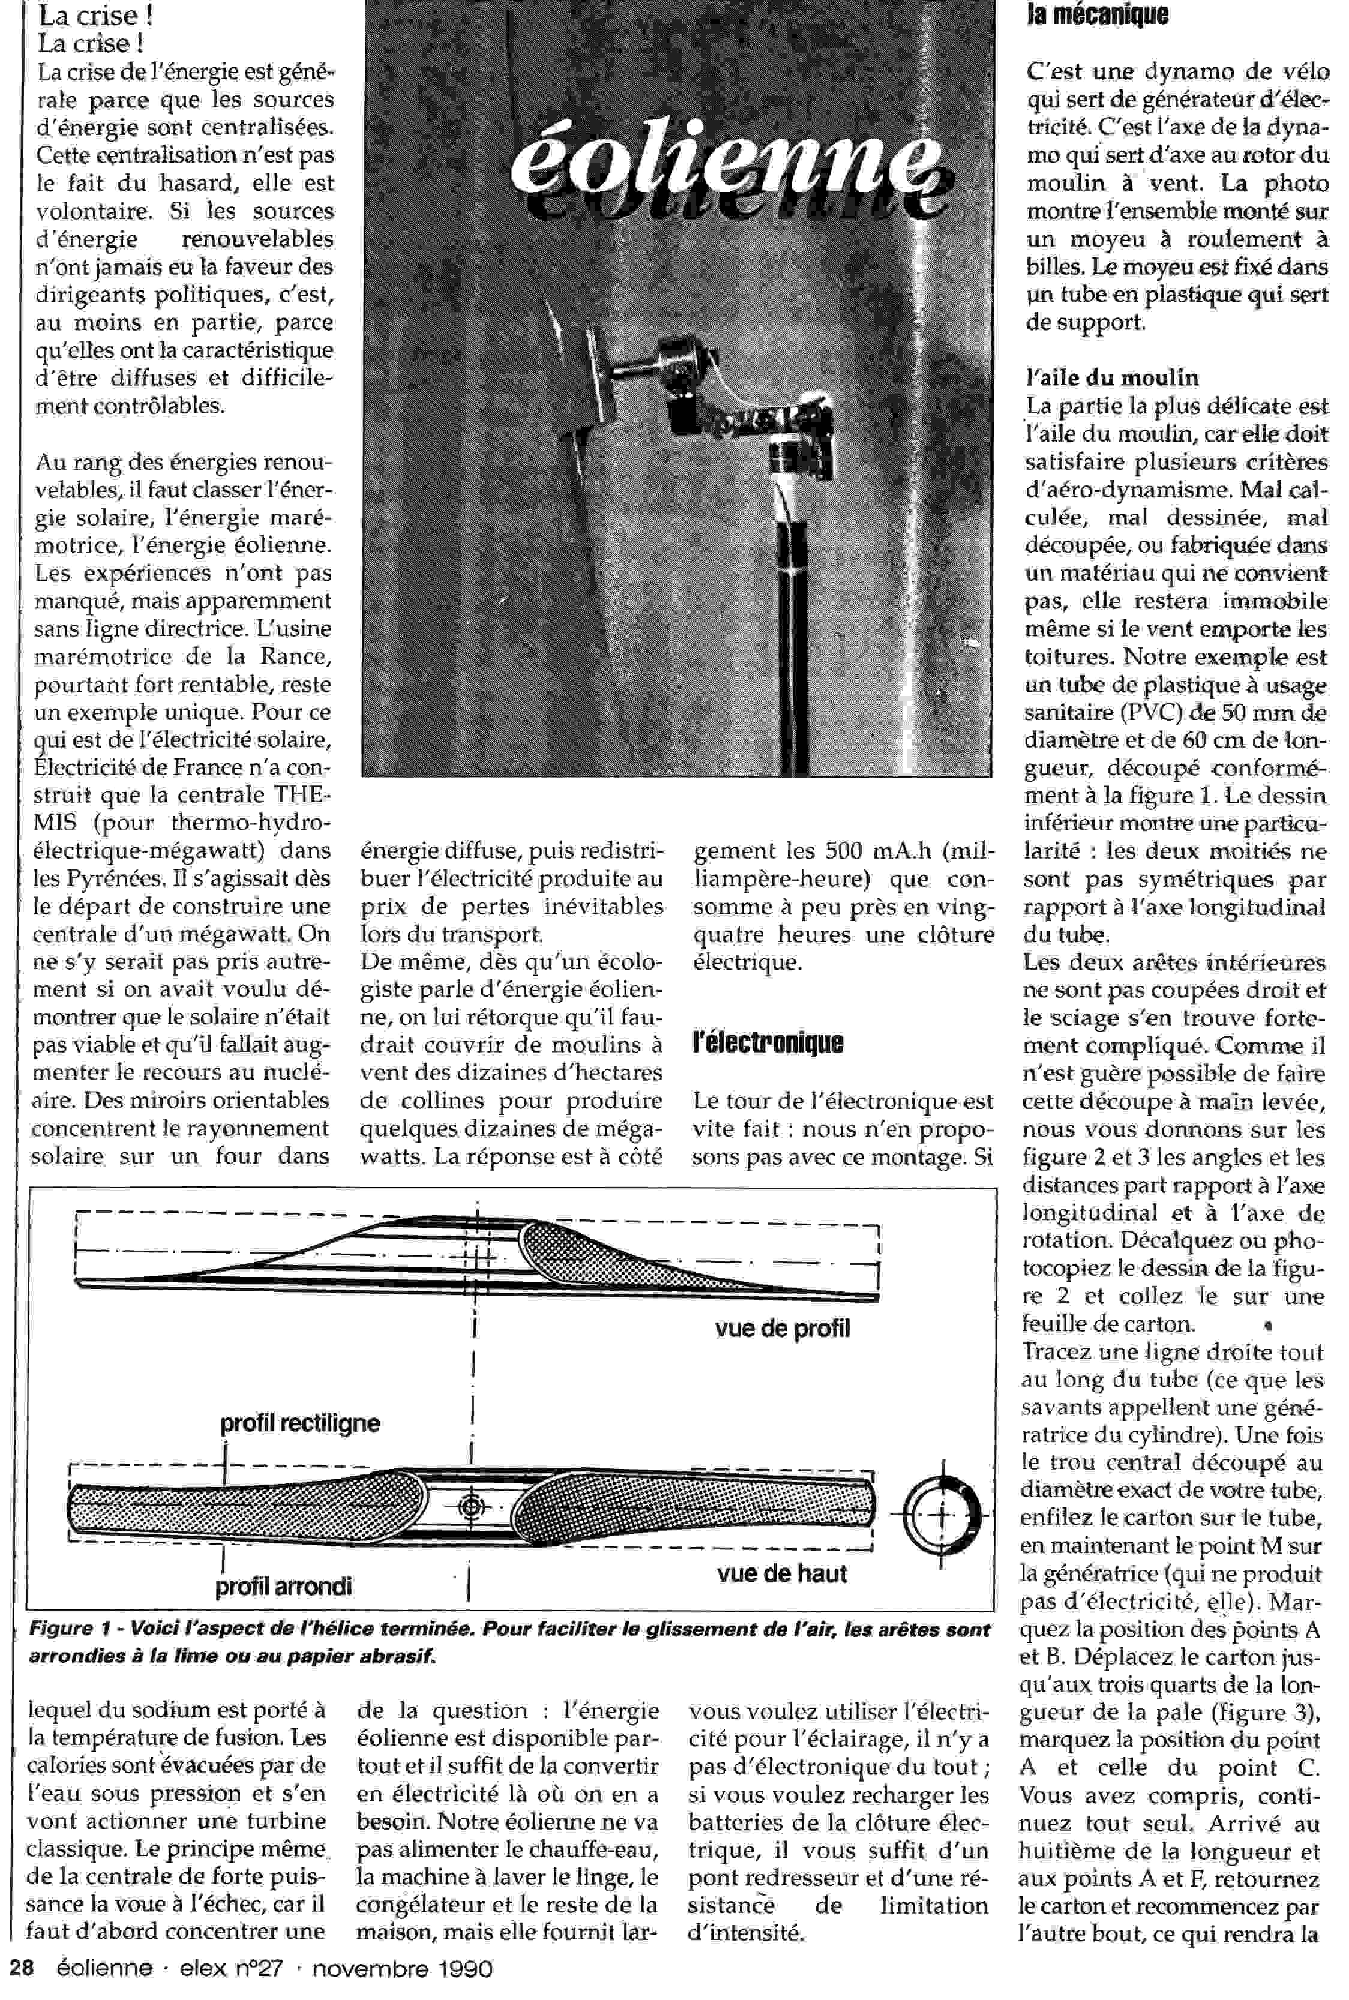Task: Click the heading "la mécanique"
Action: pyautogui.click(x=1097, y=14)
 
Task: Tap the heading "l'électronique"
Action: pyautogui.click(x=768, y=1042)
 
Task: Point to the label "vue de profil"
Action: pyautogui.click(x=781, y=1329)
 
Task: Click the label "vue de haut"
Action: pyautogui.click(x=781, y=1573)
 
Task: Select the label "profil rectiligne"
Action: pyautogui.click(x=299, y=1423)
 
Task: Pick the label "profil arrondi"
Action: pyautogui.click(x=283, y=1586)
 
